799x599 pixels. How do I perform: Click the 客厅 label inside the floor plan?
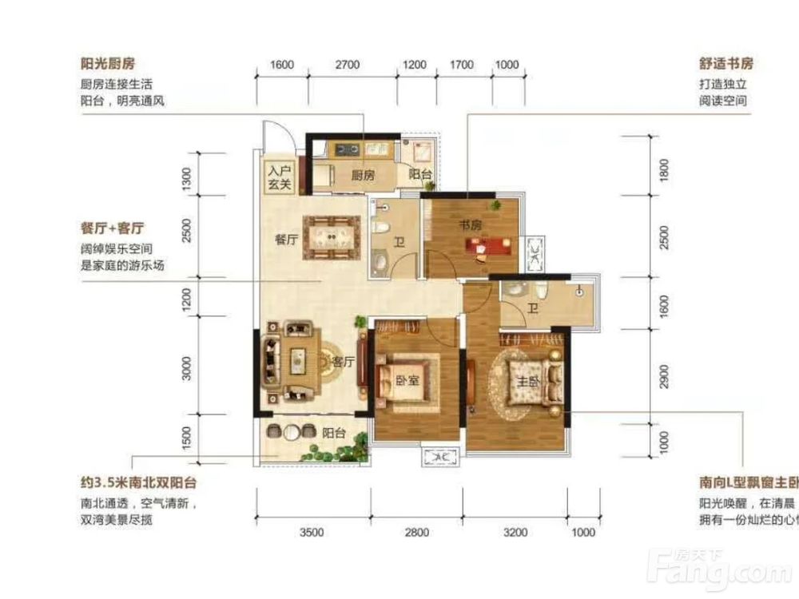[343, 362]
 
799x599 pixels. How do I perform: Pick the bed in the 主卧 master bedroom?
[531, 381]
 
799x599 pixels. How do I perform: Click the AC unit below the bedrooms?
[437, 457]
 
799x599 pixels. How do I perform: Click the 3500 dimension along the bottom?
[312, 533]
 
